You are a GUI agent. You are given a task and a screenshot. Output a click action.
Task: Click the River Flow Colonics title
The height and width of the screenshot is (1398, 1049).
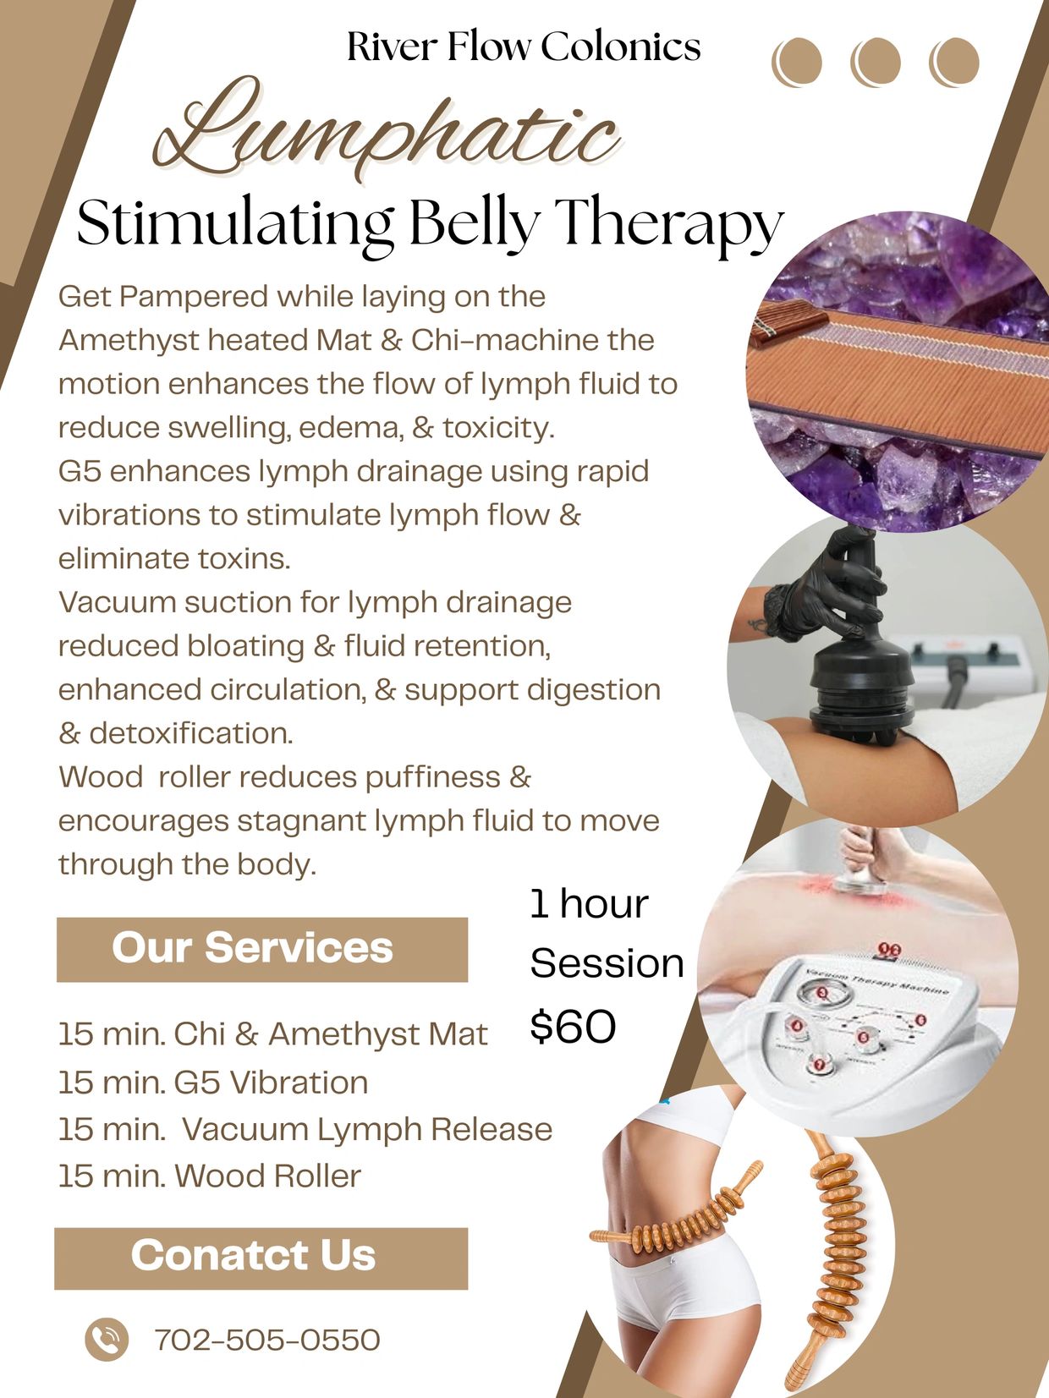(x=524, y=47)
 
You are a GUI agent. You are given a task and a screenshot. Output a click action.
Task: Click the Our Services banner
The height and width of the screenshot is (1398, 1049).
(x=261, y=949)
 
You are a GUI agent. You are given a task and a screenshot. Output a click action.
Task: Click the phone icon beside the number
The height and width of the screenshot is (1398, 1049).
(x=107, y=1339)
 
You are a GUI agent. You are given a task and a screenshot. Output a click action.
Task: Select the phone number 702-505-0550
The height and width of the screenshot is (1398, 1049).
(x=267, y=1340)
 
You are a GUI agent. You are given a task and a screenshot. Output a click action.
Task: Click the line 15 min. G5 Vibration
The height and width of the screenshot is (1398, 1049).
(x=213, y=1082)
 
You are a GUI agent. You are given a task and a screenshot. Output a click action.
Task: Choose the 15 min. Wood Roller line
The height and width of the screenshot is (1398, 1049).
(x=210, y=1176)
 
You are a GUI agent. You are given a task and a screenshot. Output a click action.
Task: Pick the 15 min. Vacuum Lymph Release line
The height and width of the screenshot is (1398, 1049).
(x=305, y=1129)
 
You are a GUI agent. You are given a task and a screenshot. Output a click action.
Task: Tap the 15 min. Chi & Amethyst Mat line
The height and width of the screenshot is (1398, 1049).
(x=272, y=1034)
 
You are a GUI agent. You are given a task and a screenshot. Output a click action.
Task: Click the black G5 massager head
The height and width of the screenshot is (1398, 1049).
(x=854, y=694)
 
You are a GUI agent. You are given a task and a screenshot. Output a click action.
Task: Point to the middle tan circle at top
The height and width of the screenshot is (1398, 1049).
(x=875, y=62)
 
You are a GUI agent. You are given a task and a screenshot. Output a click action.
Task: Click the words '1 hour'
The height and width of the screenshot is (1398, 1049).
(x=589, y=904)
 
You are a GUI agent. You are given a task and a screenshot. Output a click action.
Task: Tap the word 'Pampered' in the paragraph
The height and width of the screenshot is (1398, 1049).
(x=194, y=298)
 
